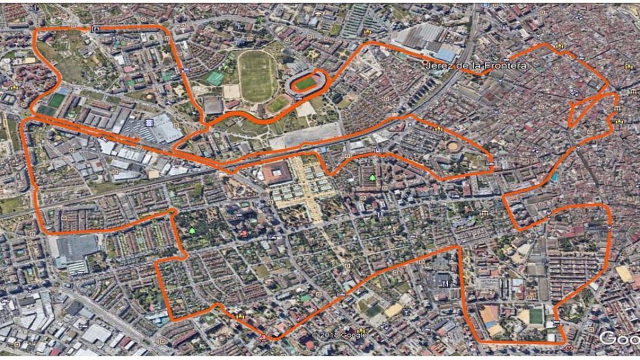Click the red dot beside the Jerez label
pyautogui.click(x=425, y=63)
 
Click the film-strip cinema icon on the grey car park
pyautogui.click(x=150, y=122)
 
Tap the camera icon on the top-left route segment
pyautogui.click(x=96, y=28)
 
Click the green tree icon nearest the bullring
pyautogui.click(x=373, y=177)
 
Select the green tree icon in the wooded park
pyautogui.click(x=192, y=231)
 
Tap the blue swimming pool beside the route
pyautogui.click(x=554, y=177)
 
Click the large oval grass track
pyautogui.click(x=256, y=76)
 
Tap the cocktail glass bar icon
pyautogui.click(x=407, y=310)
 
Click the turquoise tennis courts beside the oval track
pyautogui.click(x=216, y=78)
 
